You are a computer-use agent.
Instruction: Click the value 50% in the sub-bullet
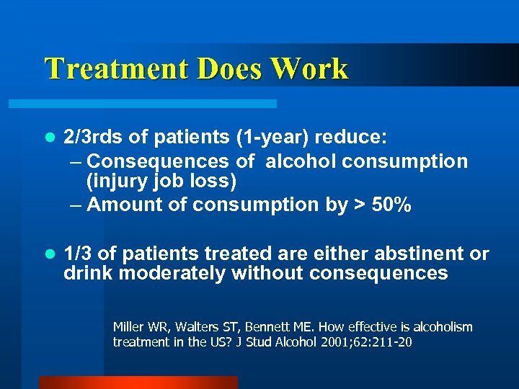tap(391, 205)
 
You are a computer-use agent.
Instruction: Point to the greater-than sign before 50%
tap(359, 205)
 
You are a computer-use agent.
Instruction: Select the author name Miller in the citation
tap(128, 327)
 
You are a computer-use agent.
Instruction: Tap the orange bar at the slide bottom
tap(138, 383)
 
